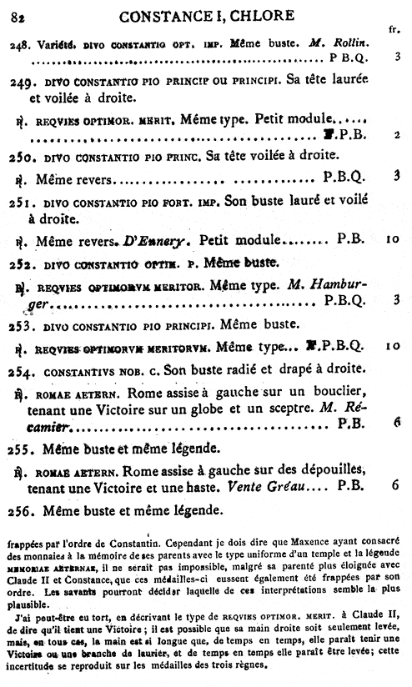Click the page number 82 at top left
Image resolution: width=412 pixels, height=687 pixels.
[x=18, y=11]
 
